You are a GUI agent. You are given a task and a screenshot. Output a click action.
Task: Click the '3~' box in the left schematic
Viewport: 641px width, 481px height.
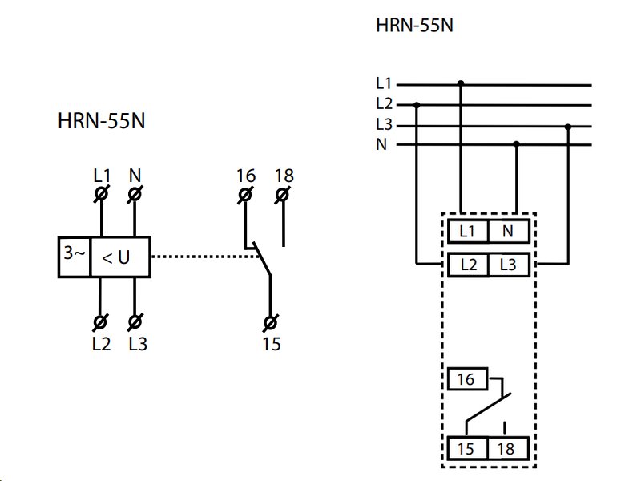(74, 257)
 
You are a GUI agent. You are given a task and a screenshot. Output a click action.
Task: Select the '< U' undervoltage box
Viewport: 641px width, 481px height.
(120, 257)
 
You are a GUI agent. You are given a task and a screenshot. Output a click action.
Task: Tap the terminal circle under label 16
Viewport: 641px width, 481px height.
(245, 195)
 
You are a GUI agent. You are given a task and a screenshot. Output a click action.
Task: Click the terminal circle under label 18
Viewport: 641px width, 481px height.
(283, 195)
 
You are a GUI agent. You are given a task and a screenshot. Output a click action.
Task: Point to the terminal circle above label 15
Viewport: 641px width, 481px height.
(270, 323)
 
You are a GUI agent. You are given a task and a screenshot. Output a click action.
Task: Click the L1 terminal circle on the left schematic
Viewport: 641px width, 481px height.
(102, 193)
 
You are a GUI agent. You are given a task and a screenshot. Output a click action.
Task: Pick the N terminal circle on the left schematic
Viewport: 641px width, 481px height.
(135, 193)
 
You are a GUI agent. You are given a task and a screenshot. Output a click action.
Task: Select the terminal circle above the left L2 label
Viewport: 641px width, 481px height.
(100, 322)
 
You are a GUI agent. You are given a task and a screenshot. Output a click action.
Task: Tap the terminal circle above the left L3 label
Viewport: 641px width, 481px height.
(135, 322)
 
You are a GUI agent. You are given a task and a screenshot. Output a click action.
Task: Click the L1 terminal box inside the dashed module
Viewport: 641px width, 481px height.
(468, 231)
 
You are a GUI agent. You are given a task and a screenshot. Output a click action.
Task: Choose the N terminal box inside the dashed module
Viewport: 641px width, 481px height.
(509, 231)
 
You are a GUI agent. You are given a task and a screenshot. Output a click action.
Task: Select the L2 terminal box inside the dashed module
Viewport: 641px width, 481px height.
(468, 265)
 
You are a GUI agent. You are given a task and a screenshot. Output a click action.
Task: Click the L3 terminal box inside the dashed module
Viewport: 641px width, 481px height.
(509, 265)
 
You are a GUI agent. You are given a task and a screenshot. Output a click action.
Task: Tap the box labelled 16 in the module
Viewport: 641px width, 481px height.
(468, 378)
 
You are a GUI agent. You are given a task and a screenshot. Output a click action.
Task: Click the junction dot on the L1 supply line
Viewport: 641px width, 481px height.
(461, 84)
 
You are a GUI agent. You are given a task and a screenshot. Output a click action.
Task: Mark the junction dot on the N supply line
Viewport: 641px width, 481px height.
(516, 144)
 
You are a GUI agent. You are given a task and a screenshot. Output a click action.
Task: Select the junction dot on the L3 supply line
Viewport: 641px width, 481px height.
(568, 127)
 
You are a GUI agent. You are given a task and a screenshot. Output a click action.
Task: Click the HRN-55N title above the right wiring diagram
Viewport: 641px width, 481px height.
(414, 26)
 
